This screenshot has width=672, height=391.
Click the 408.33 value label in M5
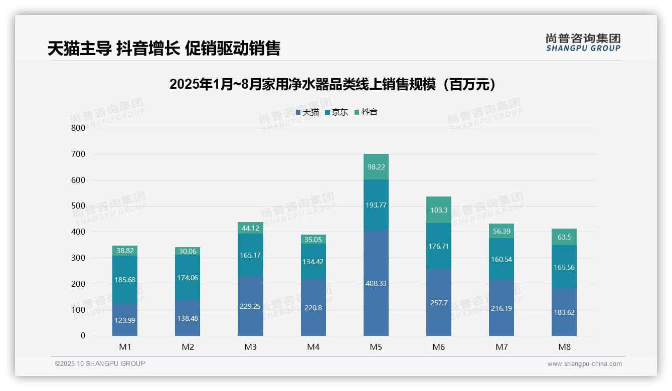(x=376, y=283)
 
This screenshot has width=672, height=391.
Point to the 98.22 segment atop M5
(x=376, y=167)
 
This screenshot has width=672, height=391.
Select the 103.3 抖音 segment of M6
(x=439, y=210)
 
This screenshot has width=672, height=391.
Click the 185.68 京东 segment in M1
(x=125, y=280)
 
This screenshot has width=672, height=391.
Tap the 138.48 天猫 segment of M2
(x=188, y=318)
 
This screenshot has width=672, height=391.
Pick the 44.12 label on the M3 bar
(x=250, y=228)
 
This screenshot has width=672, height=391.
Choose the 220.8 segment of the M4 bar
(x=313, y=308)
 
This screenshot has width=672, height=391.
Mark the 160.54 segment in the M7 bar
(x=501, y=259)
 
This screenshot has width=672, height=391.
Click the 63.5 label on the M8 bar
(x=564, y=237)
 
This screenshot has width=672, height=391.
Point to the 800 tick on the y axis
(x=78, y=128)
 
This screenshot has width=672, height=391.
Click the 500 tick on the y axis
(x=78, y=206)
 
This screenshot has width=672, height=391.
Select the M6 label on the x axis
(x=439, y=347)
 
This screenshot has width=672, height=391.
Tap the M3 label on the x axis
(x=250, y=347)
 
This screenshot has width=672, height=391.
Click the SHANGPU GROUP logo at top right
(x=583, y=43)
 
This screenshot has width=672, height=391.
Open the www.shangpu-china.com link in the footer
(x=584, y=364)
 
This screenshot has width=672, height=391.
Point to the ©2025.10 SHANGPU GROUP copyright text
(x=100, y=364)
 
